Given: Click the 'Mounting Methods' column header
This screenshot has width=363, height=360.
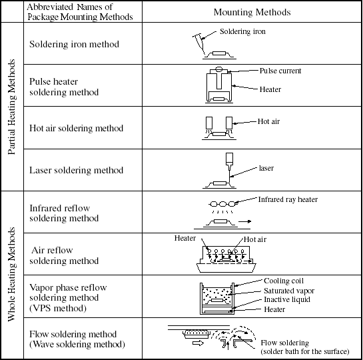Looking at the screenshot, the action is coord(252,12).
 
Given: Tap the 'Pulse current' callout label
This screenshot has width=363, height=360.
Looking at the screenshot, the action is coord(280,71).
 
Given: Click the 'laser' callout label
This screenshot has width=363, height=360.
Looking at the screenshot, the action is coord(266,168).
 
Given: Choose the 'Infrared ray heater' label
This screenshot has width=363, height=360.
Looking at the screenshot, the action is coord(288,199).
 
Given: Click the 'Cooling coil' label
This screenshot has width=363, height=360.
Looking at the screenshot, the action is coord(284,281).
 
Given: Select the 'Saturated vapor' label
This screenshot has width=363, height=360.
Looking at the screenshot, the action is coord(289,291).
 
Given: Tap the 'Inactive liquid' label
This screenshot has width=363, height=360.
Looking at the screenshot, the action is coord(287,299).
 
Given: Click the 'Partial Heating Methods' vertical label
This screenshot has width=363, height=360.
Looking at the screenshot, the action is coord(11,107).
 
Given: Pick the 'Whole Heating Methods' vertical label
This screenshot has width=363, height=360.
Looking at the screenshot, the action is coord(11,274).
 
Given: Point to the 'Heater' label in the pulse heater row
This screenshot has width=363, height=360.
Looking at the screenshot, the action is coord(270,89).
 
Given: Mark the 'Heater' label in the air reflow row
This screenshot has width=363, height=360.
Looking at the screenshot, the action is coord(185,238).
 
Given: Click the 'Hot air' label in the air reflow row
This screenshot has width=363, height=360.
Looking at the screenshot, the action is coord(255,239).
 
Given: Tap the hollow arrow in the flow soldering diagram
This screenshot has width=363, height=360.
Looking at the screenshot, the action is coord(198,343).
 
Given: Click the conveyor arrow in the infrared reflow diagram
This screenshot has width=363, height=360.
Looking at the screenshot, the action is coord(244,221).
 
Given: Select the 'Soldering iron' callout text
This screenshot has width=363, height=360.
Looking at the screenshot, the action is coord(242,31).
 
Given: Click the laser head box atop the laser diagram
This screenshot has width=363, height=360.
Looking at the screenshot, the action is coord(229,159).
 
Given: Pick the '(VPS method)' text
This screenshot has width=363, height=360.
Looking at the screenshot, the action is coord(58,308).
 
